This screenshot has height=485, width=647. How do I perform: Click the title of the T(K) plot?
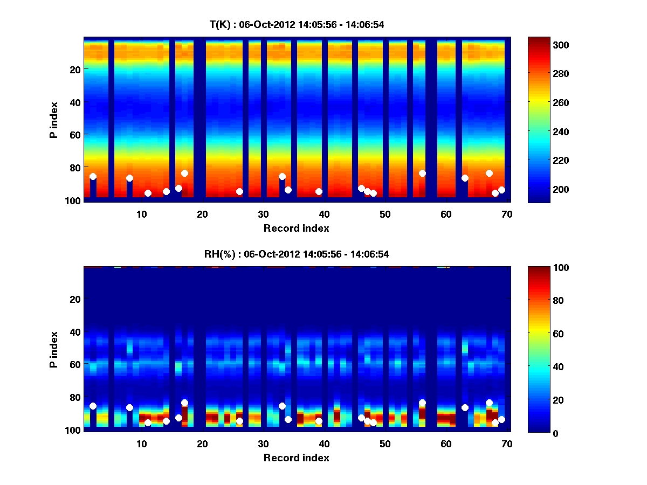click(x=297, y=24)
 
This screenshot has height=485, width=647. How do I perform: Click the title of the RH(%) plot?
click(x=297, y=254)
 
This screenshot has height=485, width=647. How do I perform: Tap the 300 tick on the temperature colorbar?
click(x=561, y=45)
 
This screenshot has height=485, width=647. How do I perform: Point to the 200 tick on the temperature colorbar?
click(x=561, y=189)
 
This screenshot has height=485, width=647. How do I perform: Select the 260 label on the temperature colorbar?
click(x=561, y=102)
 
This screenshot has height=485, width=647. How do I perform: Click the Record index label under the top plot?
click(x=297, y=228)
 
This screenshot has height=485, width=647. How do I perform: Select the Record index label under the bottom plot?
click(x=297, y=458)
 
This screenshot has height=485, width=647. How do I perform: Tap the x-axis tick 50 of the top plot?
click(x=385, y=214)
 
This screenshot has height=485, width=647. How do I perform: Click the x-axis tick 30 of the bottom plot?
click(x=263, y=444)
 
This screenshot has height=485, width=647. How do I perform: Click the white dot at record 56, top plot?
click(x=422, y=173)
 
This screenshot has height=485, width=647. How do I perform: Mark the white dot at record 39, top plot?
click(x=319, y=191)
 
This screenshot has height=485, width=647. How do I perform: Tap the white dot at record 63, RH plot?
click(x=465, y=407)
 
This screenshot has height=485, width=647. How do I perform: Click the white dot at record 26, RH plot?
click(x=239, y=421)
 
